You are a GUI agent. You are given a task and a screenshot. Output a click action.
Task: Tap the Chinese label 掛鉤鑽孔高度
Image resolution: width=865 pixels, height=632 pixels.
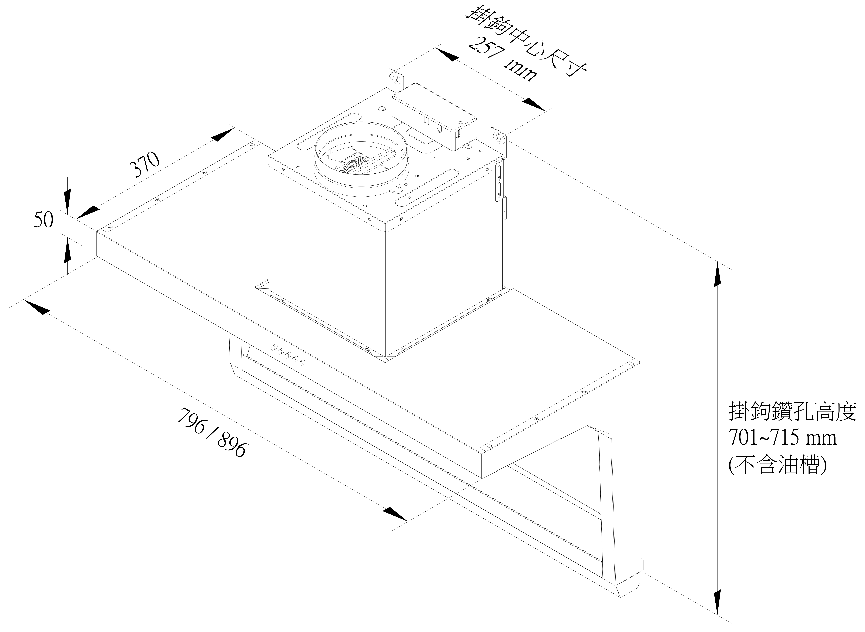click(x=792, y=412)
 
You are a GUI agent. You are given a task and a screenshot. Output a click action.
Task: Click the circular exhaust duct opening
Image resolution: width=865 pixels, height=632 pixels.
click(x=361, y=159)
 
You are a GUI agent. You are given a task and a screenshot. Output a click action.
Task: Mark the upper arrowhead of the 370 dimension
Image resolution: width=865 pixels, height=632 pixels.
click(x=222, y=135)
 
